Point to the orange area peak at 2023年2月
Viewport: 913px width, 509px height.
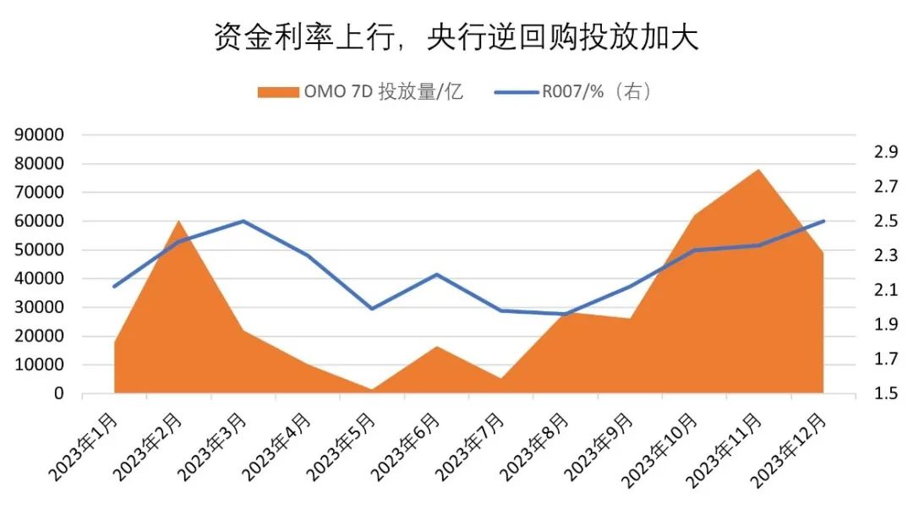(x=178, y=222)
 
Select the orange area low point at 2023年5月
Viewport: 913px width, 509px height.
(x=372, y=390)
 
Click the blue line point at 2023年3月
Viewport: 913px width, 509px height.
(x=243, y=221)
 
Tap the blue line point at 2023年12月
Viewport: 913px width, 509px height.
(x=823, y=221)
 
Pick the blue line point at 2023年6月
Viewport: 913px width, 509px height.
(x=437, y=274)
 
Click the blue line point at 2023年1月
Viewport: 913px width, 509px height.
(x=114, y=286)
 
